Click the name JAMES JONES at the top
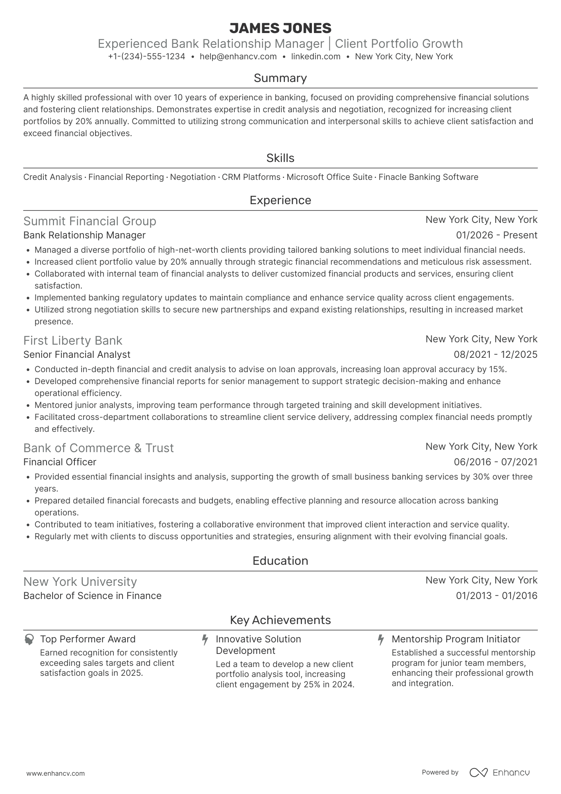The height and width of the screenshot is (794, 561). pos(280,28)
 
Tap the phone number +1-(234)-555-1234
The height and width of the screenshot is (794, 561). pos(146,57)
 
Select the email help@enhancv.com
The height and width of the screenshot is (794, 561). pos(238,57)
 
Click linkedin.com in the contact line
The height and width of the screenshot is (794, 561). pos(316,57)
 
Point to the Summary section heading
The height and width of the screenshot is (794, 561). pos(280,78)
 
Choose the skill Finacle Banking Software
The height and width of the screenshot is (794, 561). pos(428,177)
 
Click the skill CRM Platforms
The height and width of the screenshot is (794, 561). pos(251,177)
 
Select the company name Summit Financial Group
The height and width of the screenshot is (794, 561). pos(90,221)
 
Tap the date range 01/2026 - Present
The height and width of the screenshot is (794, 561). pos(497,235)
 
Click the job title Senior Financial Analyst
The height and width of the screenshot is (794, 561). pos(77,355)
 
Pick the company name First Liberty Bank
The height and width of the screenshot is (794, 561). pos(73,341)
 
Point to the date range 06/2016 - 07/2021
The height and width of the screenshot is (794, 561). pos(495,462)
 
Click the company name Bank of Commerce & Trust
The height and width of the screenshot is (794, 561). pos(98,448)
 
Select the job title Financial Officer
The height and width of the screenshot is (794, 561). pos(60,462)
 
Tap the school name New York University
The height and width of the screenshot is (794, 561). pos(80,582)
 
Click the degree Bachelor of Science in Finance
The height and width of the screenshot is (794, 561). pos(92,596)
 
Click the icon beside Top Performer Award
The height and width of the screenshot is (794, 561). pos(29,640)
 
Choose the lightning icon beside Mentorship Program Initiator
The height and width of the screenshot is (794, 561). pos(381,640)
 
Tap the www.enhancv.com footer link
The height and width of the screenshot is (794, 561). pos(55,773)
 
